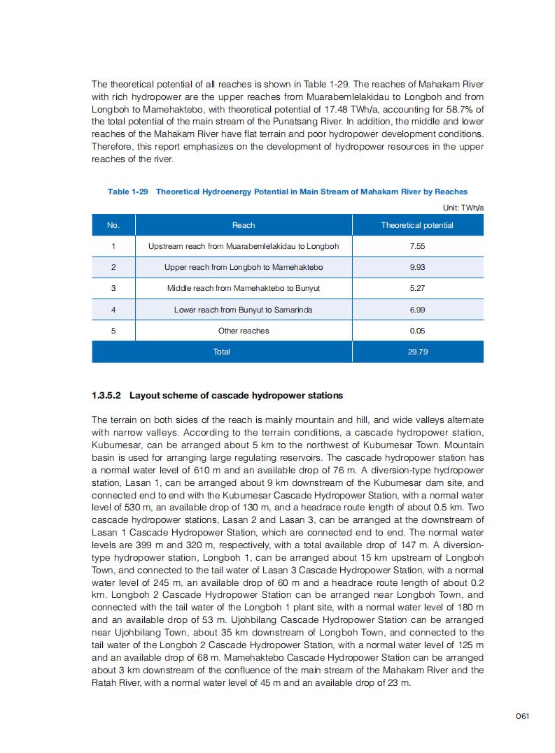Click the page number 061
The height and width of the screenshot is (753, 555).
(521, 715)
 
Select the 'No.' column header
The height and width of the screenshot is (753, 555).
(113, 225)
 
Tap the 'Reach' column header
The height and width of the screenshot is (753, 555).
(244, 225)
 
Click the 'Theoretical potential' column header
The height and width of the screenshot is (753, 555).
(417, 225)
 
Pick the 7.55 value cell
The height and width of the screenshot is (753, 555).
(417, 246)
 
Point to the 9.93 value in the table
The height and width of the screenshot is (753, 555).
(417, 267)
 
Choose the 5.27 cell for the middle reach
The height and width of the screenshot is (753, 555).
(417, 288)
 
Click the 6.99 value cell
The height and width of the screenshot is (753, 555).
(417, 310)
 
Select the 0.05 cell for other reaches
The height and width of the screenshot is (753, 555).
(417, 331)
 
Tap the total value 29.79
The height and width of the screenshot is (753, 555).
(417, 352)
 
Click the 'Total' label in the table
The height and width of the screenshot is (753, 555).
(221, 352)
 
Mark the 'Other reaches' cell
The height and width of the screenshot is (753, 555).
(244, 331)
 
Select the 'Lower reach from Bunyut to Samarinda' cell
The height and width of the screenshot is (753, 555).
(244, 310)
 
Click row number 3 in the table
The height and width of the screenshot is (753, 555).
(113, 288)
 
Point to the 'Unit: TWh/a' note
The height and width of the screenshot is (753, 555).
(463, 208)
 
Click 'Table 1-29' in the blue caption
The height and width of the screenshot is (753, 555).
(127, 192)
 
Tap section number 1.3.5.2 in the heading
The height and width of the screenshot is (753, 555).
(106, 396)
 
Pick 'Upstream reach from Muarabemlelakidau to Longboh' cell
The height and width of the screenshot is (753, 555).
(244, 246)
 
